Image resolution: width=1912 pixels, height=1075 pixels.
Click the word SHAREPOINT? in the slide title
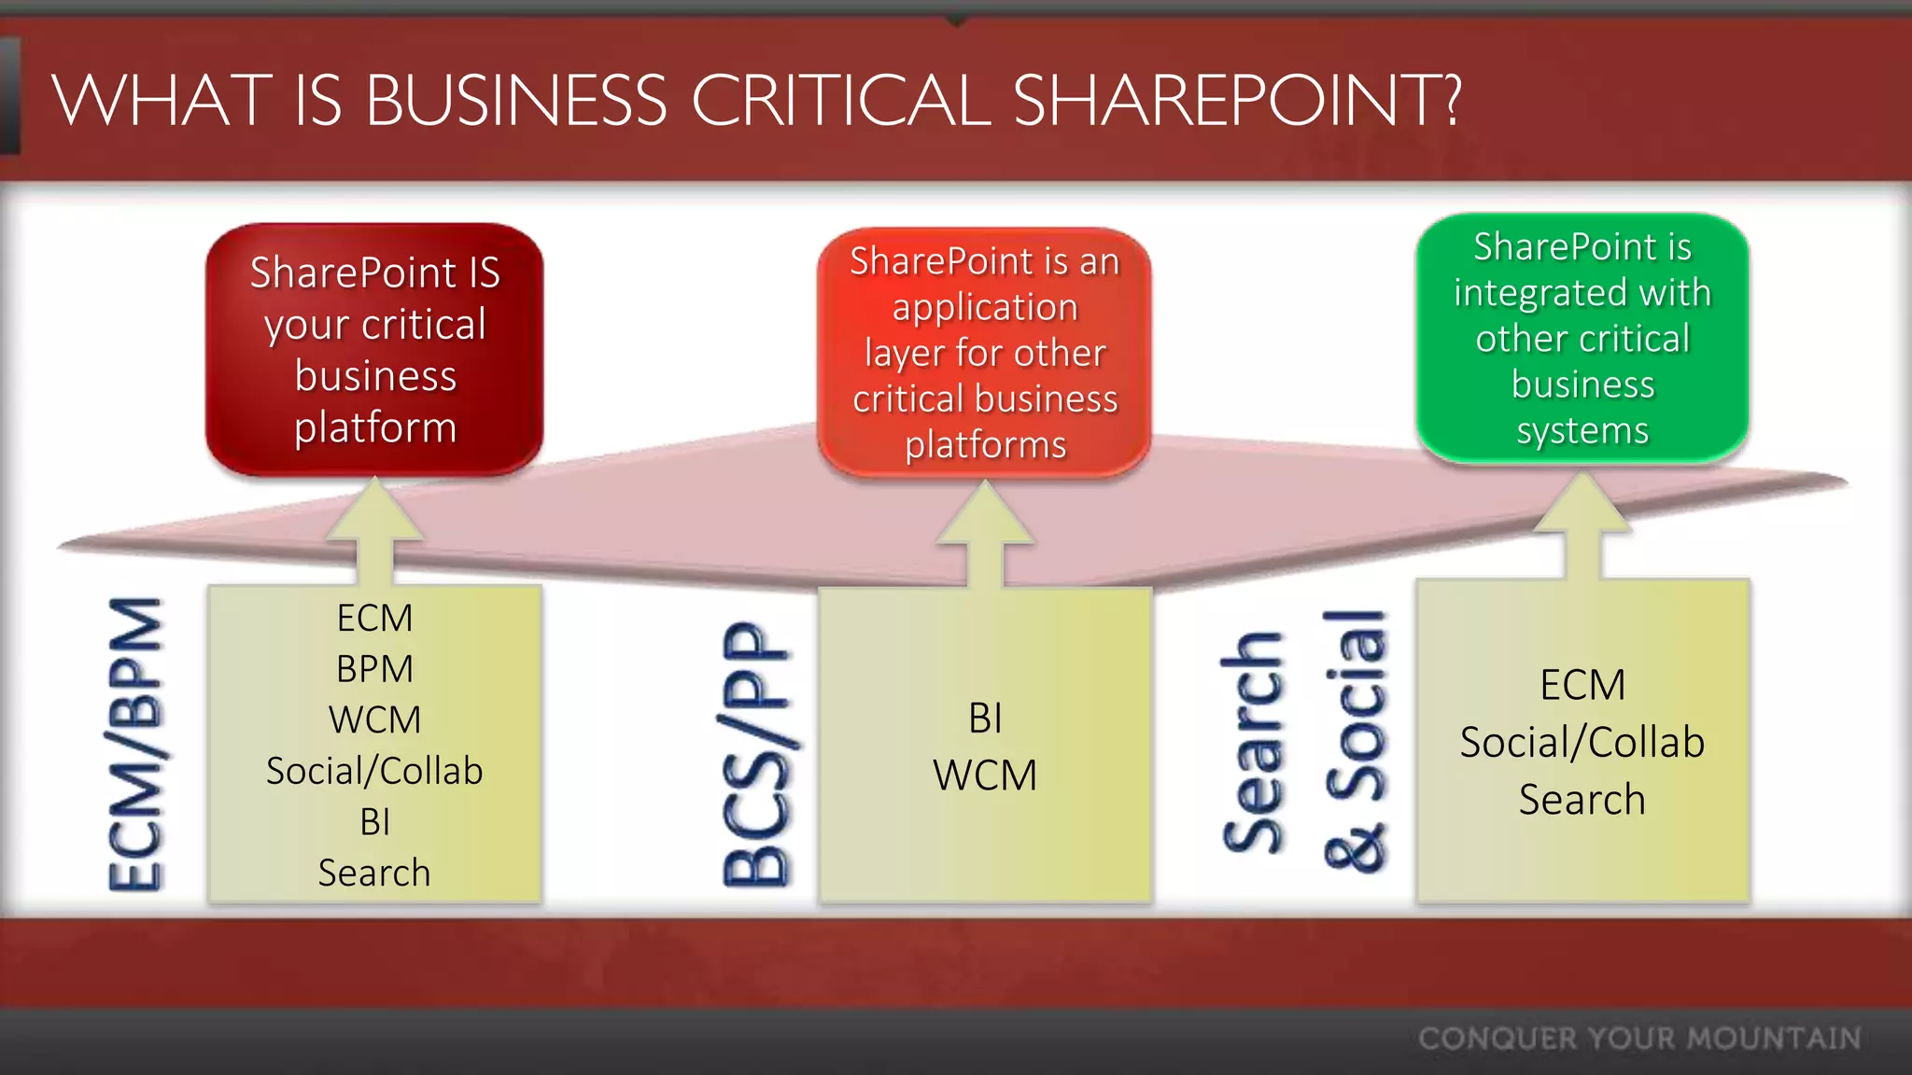pos(1236,101)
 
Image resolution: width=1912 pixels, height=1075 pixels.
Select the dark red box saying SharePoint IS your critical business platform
pos(374,349)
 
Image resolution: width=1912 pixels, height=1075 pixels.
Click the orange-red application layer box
pos(985,353)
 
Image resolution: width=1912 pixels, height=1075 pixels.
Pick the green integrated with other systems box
pos(1582,338)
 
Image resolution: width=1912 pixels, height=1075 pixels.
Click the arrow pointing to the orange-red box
pos(985,534)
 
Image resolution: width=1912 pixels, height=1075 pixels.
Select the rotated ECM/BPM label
pos(135,744)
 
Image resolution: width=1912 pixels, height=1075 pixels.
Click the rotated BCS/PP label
pos(756,753)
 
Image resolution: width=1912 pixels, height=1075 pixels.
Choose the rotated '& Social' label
pos(1355,742)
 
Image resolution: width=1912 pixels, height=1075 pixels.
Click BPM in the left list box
pos(374,669)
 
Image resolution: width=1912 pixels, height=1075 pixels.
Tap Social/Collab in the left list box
pos(374,771)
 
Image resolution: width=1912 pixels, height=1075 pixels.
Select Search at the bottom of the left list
pos(374,873)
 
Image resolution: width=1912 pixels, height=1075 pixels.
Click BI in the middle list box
pos(985,719)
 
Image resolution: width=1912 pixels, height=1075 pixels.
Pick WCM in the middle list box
pos(985,775)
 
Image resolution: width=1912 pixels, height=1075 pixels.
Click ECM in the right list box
pos(1582,685)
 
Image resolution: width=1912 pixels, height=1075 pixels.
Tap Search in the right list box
pos(1582,800)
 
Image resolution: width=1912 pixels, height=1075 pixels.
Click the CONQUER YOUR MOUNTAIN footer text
pos(1639,1039)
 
